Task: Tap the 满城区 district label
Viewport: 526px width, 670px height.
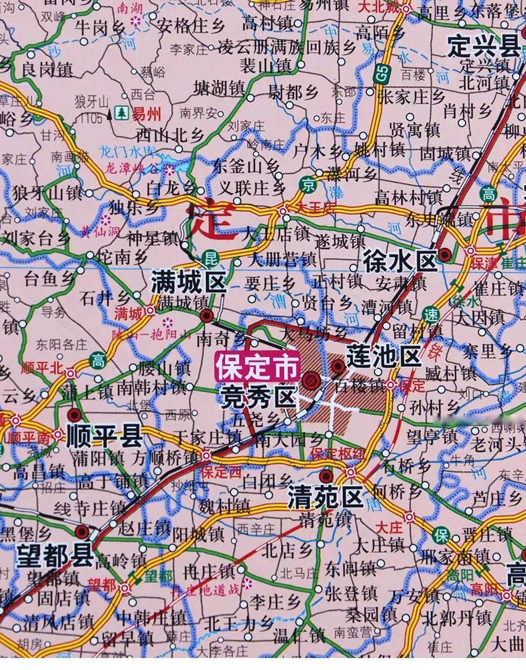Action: pos(188,283)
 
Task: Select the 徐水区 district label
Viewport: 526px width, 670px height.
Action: pos(400,260)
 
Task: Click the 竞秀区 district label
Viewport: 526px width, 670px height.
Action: pos(258,396)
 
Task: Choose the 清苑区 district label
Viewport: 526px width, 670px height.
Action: pos(325,496)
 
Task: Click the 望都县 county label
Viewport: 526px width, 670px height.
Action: pos(54,554)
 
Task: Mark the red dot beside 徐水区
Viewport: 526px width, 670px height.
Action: pos(445,255)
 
